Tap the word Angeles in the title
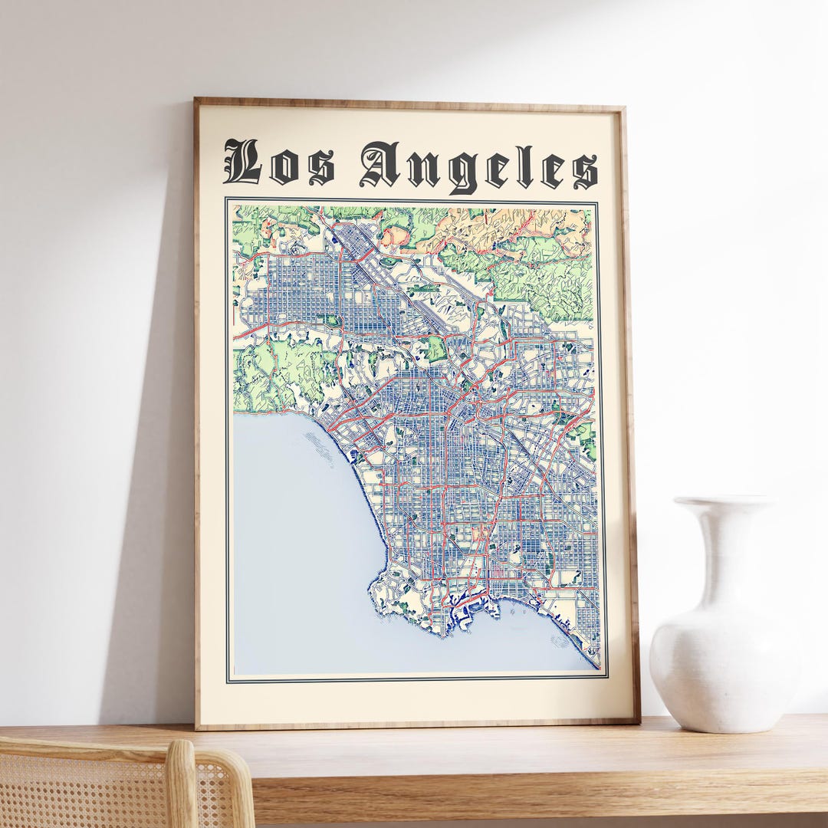(x=478, y=166)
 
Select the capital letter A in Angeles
(x=379, y=163)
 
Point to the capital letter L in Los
(x=242, y=162)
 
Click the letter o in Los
(x=284, y=169)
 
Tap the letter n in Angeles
(x=423, y=169)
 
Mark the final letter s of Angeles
(x=585, y=170)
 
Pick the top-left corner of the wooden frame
(x=197, y=100)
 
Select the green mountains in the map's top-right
(x=537, y=268)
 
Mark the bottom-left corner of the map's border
(x=228, y=681)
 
